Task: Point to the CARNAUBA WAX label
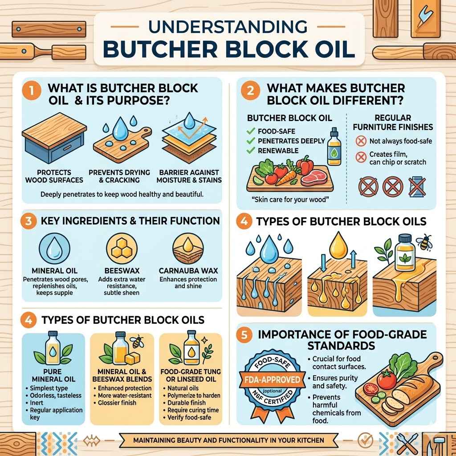(187, 270)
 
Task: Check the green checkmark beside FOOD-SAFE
(250, 131)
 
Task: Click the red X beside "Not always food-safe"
(360, 142)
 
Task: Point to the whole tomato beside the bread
(386, 379)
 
